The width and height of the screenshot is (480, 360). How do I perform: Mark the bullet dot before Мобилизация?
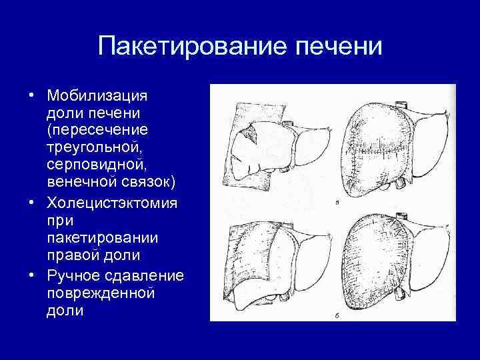32,93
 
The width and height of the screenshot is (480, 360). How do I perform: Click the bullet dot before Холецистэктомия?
32,201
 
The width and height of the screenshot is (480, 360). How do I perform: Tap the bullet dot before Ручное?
32,273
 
